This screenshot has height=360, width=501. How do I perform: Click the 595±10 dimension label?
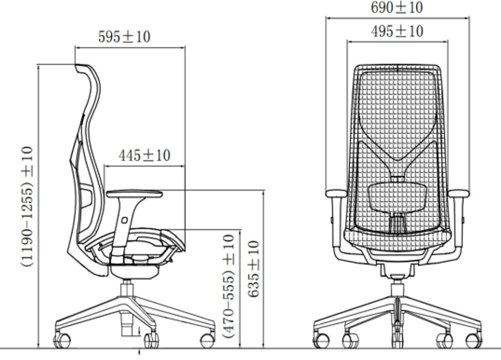[124, 37]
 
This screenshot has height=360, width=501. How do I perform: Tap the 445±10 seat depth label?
[144, 156]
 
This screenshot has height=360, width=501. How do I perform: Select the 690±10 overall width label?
[397, 8]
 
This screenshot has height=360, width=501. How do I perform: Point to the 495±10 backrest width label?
[397, 32]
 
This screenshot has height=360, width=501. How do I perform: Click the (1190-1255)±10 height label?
[27, 207]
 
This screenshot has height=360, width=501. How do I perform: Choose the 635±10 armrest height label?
[254, 269]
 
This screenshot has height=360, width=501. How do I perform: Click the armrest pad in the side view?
[134, 194]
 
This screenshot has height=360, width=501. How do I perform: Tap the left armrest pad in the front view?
[336, 193]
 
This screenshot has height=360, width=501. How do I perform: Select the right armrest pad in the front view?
[458, 193]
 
